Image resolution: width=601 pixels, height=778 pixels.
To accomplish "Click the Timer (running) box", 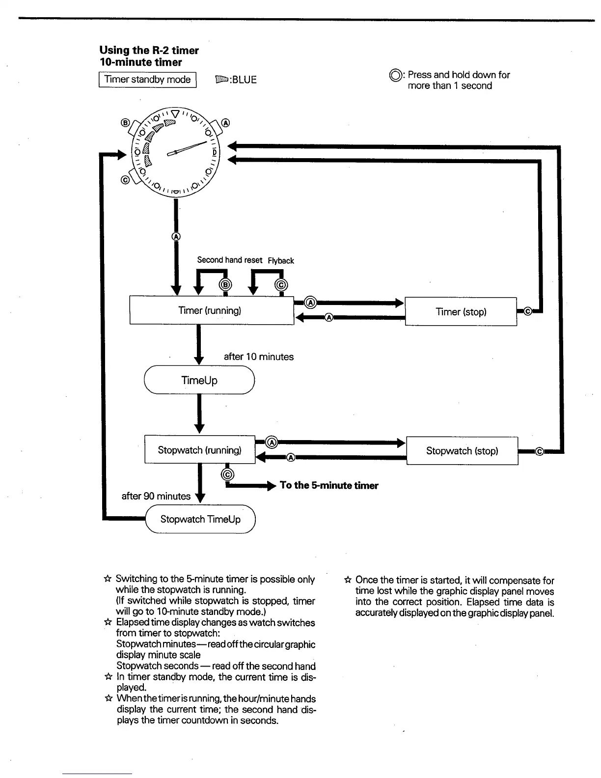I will (x=211, y=310).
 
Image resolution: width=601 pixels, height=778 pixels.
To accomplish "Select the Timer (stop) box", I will (x=461, y=312).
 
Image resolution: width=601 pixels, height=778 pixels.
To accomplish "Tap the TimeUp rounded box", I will (x=199, y=380).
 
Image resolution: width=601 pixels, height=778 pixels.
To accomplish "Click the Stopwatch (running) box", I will (x=199, y=450).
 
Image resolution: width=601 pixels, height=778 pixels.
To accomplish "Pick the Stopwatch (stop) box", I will (x=462, y=451).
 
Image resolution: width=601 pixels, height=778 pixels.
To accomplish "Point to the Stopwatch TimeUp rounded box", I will (x=200, y=519).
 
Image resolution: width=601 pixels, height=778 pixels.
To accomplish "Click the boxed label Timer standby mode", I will (x=148, y=80).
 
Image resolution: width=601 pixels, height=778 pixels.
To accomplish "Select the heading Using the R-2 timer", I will (x=149, y=50).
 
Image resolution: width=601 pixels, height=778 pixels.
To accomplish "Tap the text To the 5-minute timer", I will (x=329, y=485).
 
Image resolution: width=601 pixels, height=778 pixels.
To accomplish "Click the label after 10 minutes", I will (x=259, y=357).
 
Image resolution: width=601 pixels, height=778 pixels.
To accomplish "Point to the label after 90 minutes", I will (x=156, y=496).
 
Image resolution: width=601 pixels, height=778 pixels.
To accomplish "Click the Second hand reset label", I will (x=229, y=260).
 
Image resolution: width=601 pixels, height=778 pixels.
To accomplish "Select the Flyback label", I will (x=281, y=261).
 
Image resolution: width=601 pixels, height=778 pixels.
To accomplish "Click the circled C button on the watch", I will (x=125, y=180).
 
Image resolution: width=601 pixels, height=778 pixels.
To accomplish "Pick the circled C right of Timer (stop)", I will (x=528, y=311).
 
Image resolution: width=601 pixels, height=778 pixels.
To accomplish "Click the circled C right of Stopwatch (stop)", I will (x=539, y=451).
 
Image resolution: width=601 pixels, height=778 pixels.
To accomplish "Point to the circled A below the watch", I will (x=176, y=236).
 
